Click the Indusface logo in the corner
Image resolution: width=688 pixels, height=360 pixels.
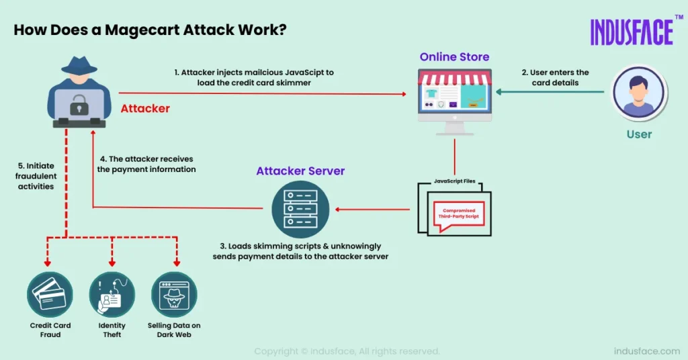(x=632, y=32)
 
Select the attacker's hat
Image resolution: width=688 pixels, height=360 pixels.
(x=79, y=62)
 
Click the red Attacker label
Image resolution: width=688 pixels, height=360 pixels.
(x=145, y=108)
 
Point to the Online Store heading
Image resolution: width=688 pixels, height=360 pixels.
(x=454, y=57)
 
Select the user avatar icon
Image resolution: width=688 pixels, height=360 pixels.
(x=638, y=93)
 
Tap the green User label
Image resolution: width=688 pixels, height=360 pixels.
(x=639, y=134)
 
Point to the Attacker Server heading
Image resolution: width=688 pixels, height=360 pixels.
(x=300, y=171)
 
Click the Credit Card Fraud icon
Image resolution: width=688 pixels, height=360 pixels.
(x=50, y=294)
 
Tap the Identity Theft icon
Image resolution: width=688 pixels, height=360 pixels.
(x=112, y=294)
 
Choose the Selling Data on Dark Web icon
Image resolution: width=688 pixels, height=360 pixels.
(x=174, y=294)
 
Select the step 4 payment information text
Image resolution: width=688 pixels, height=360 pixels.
(x=146, y=165)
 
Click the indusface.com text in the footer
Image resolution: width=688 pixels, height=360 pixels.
(x=647, y=351)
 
